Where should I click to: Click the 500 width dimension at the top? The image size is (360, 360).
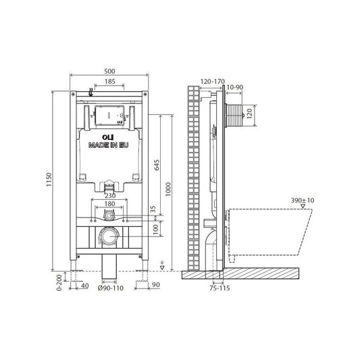click(x=109, y=71)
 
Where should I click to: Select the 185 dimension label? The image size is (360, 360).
click(x=109, y=82)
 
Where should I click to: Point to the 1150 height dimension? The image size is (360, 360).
click(x=49, y=180)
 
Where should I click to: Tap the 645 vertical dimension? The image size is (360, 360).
click(x=157, y=165)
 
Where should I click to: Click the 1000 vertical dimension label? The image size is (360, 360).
click(x=168, y=189)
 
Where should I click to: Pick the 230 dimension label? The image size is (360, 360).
click(x=110, y=196)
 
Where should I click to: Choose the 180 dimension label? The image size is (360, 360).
click(x=109, y=204)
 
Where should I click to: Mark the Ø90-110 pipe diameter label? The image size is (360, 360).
click(x=111, y=288)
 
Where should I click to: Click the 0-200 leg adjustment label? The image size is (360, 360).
click(x=59, y=282)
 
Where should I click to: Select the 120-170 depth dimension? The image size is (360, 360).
click(x=213, y=82)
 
